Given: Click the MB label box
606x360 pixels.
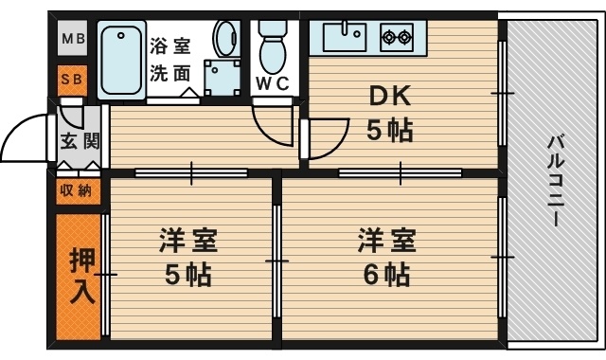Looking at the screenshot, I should click(73, 40).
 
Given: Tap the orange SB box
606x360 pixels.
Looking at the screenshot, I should click(73, 80).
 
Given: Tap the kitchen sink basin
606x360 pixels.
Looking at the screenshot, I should click(344, 38).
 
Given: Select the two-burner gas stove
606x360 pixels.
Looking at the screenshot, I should click(396, 38).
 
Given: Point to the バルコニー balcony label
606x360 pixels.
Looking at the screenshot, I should click(554, 180).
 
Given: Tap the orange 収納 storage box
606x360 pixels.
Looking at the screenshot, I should click(77, 190).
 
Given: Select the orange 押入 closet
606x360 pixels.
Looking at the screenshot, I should click(81, 277).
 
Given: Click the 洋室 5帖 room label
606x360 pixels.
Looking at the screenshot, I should click(188, 257).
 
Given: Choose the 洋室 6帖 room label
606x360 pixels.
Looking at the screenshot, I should click(386, 257).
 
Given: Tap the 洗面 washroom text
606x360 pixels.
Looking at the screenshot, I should click(170, 73).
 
